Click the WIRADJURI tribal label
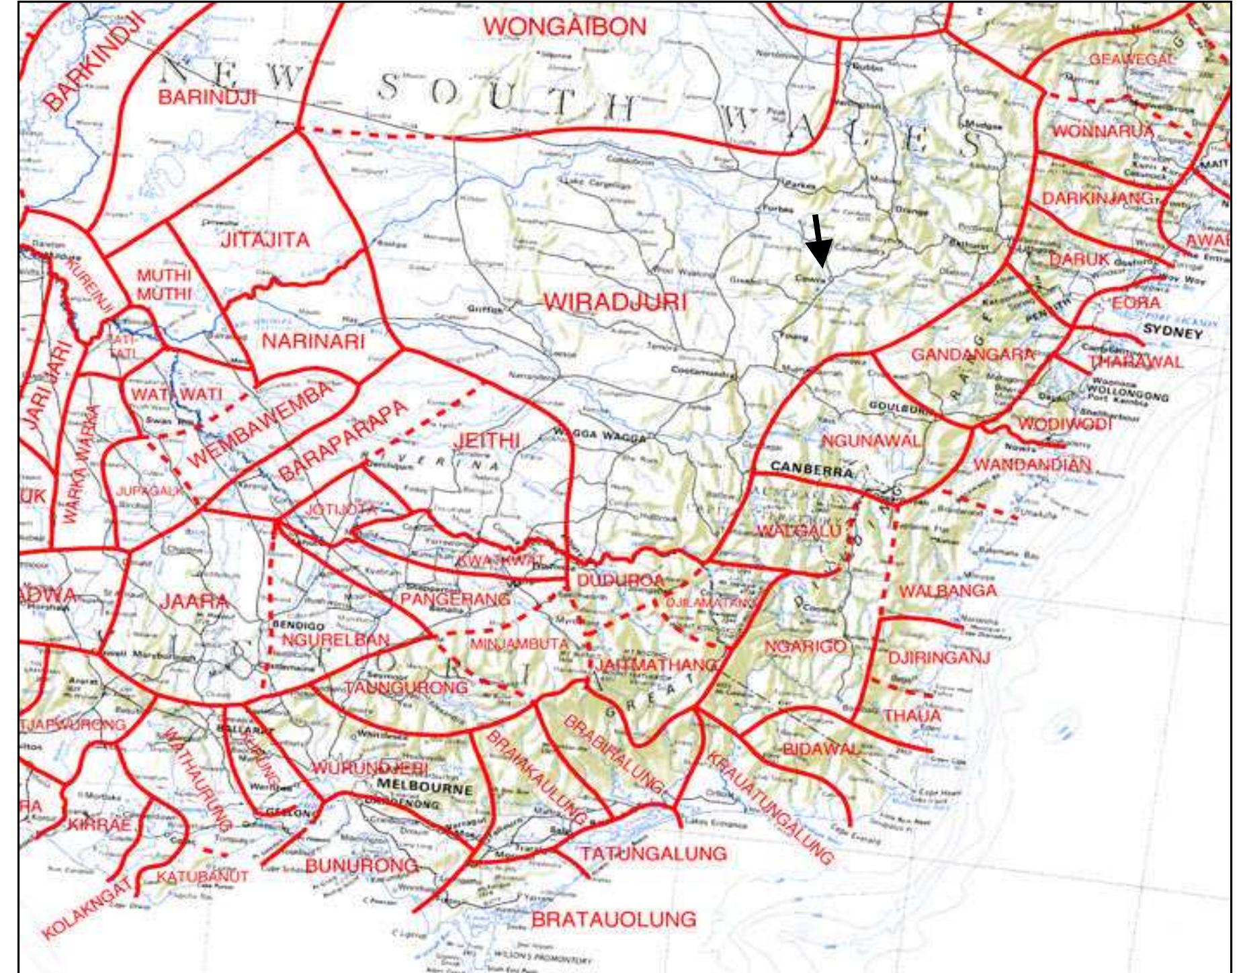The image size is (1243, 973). tap(615, 303)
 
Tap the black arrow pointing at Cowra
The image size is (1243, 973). tap(818, 241)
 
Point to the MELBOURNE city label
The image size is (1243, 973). tap(425, 787)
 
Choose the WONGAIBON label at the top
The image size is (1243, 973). tap(564, 27)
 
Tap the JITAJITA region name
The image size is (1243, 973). tap(265, 240)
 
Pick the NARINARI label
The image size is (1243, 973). tap(312, 341)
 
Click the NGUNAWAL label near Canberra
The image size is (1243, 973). tap(871, 441)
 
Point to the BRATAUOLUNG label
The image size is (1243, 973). tap(613, 919)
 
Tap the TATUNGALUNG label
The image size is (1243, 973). tap(653, 853)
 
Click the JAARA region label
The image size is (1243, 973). tap(194, 601)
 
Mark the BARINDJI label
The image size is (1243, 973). tap(207, 97)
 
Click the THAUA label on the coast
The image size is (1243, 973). tap(912, 716)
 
